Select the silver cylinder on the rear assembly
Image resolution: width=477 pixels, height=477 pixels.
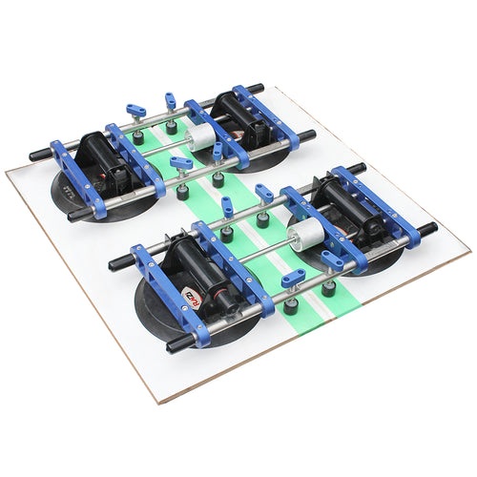pos(201,137)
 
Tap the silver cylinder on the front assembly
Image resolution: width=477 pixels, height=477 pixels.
pos(304,232)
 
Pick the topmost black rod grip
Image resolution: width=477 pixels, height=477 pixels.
pos(254,89)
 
